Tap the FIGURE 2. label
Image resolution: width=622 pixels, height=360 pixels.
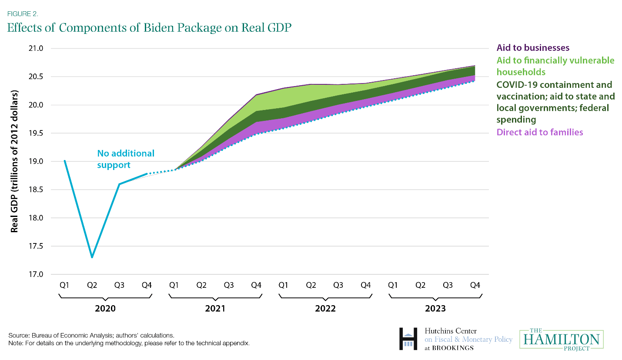[23, 13]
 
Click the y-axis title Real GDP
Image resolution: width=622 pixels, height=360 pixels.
[15, 162]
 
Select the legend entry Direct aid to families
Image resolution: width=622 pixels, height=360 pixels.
[539, 132]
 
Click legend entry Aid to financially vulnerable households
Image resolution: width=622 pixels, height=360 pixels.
[555, 66]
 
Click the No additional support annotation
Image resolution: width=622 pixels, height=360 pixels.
[126, 159]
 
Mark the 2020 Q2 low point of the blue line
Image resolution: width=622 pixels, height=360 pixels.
[92, 257]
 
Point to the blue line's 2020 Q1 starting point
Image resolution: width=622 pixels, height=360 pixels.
[65, 161]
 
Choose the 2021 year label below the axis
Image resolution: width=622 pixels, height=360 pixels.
[215, 308]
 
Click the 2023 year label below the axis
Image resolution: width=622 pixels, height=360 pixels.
[435, 308]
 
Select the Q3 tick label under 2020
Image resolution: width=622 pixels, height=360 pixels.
[119, 285]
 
